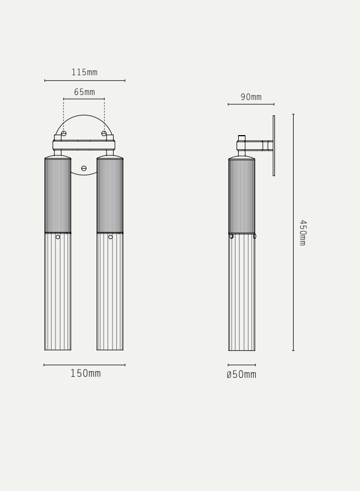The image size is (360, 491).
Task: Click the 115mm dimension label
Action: click(x=85, y=72)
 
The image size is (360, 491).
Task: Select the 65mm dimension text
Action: click(x=85, y=92)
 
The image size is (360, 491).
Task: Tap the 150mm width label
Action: click(x=86, y=373)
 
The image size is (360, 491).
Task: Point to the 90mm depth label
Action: click(x=251, y=97)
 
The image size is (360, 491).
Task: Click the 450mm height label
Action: click(x=303, y=233)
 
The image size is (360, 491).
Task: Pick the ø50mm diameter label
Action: click(x=241, y=375)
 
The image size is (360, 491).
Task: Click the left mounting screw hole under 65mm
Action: click(x=64, y=133)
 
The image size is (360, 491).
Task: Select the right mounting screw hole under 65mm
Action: click(x=104, y=133)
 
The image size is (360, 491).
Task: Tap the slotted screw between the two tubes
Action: click(x=84, y=169)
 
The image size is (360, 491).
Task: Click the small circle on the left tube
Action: click(x=58, y=237)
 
